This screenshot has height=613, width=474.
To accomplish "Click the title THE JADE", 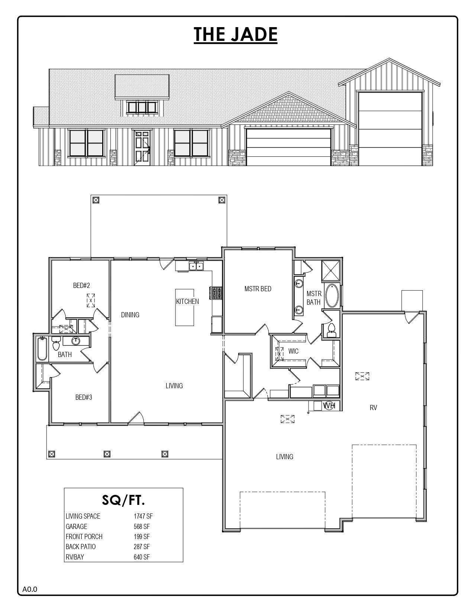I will click(x=236, y=34).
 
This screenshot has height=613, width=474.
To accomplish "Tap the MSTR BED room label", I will click(x=258, y=289).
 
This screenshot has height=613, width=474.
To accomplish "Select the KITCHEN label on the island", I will click(x=187, y=301).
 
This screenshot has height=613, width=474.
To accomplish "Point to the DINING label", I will click(x=130, y=315).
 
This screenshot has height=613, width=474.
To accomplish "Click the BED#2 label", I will click(x=81, y=285).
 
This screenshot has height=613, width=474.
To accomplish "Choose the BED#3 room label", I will click(x=84, y=397).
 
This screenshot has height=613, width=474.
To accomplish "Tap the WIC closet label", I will click(x=293, y=351).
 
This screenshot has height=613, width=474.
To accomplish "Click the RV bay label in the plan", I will click(x=373, y=408).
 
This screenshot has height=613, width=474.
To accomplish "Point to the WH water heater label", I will click(x=329, y=406).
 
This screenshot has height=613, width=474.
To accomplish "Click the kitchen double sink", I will click(x=196, y=266).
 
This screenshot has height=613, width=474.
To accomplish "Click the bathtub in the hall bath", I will click(x=42, y=348).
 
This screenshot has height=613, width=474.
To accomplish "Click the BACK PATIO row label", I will click(x=81, y=546).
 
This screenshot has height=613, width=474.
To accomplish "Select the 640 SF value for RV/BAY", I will click(x=142, y=557).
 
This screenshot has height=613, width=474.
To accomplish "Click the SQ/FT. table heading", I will click(x=123, y=500).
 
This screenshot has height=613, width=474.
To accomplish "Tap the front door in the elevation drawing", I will click(x=142, y=147).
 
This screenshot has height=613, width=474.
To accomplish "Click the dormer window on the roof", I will click(x=141, y=107).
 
